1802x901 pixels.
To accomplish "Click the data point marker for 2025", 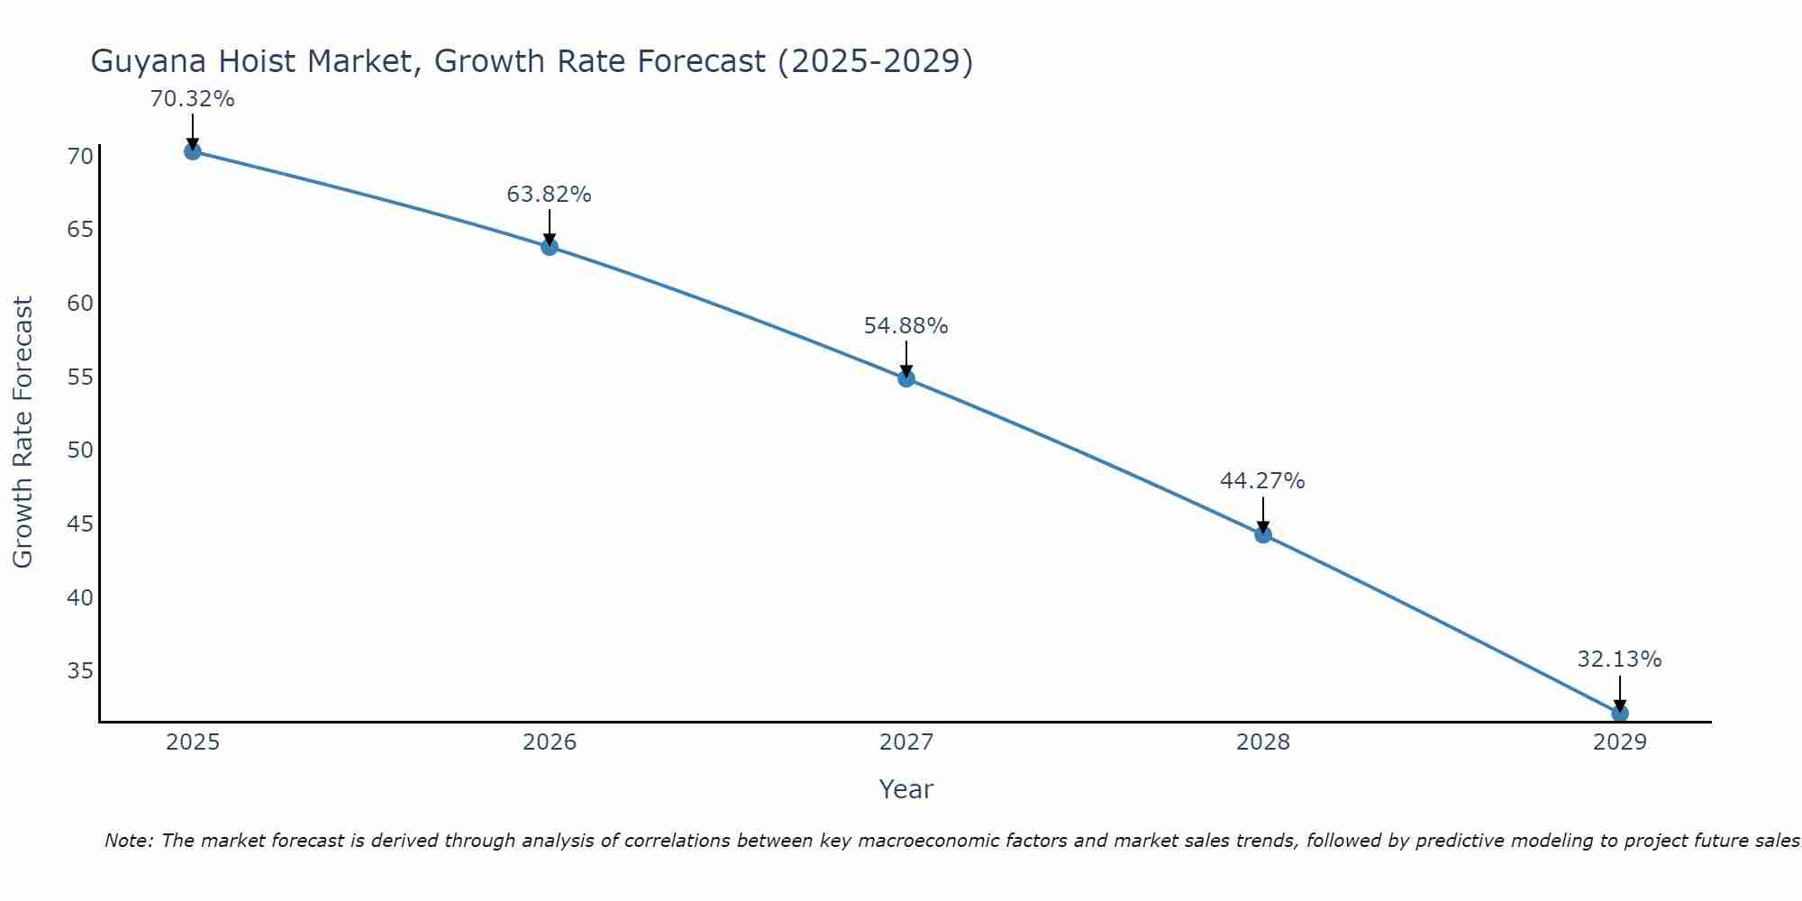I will pos(192,151).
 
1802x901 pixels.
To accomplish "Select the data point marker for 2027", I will pos(906,378).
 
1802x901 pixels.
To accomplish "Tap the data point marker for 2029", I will pos(1620,714).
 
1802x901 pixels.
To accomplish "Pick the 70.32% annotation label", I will pos(192,99).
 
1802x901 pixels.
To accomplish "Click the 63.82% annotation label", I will pos(549,195).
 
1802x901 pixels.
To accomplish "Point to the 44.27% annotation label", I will pos(1262,481).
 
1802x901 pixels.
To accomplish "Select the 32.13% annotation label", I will pos(1619,660).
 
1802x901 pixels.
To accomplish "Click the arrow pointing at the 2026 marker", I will pos(550,227).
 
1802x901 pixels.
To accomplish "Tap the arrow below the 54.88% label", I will pos(906,359).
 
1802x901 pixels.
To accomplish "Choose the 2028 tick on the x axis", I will pos(1262,742).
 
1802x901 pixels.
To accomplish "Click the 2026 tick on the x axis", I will pos(550,742).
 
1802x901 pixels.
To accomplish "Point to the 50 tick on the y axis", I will pos(80,450).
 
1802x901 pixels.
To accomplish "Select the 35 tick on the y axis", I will pos(80,670).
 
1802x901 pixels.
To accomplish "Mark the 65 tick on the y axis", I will pos(80,229).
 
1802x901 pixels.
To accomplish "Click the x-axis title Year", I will pos(906,789).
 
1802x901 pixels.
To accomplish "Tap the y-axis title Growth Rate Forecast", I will pos(23,432).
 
